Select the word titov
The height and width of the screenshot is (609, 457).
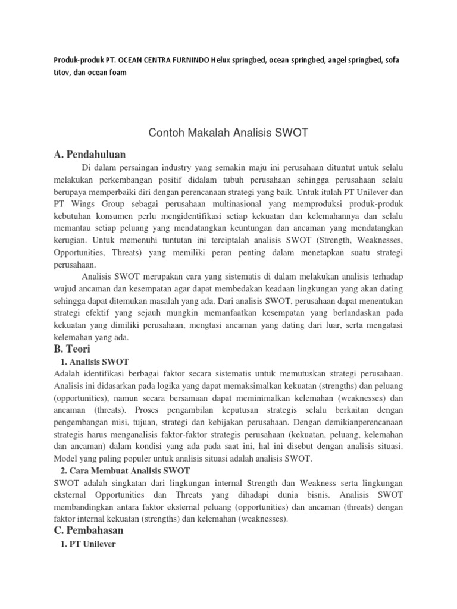tap(61, 73)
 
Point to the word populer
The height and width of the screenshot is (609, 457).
tap(129, 458)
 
